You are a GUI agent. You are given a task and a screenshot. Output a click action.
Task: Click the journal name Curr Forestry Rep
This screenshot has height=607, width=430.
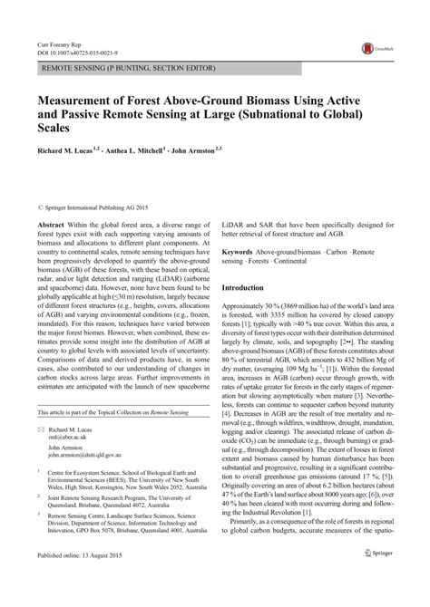[59, 43]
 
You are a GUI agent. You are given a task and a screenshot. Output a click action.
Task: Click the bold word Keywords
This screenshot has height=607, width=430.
[245, 251]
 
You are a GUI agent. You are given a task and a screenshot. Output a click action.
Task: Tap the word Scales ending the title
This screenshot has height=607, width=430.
[56, 128]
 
